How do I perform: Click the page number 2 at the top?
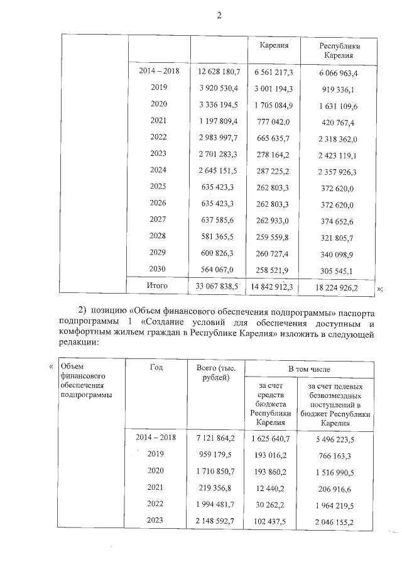[x=219, y=14]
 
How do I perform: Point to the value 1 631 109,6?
[x=339, y=105]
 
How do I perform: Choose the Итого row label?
[x=157, y=285]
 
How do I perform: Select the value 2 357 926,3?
[x=339, y=171]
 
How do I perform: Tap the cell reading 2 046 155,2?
[x=340, y=522]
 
